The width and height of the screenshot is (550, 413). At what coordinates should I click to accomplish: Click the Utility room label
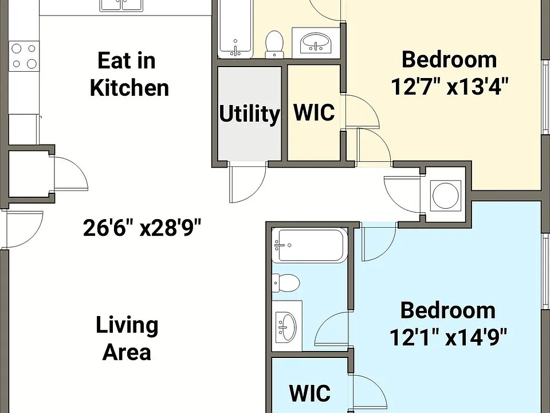click(x=249, y=114)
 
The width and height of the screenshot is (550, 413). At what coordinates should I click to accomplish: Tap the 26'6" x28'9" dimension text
click(x=142, y=228)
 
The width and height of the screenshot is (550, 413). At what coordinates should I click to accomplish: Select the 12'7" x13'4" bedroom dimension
click(x=449, y=87)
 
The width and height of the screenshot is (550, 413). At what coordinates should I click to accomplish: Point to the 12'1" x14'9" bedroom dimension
click(x=448, y=337)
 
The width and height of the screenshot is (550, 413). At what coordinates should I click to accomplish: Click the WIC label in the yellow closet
click(x=313, y=112)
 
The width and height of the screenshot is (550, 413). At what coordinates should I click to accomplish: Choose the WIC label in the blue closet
click(x=310, y=393)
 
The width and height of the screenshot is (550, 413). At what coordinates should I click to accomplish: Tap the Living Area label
click(x=127, y=338)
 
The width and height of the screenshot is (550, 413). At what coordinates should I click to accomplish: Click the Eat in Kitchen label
click(x=129, y=74)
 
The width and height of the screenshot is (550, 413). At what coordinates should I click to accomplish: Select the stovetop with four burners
click(x=24, y=56)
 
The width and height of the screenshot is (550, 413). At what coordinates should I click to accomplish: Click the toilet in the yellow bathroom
click(x=274, y=44)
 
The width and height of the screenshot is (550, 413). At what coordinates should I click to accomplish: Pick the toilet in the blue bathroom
click(x=286, y=283)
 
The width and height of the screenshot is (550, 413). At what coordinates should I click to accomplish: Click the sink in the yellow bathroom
click(x=316, y=43)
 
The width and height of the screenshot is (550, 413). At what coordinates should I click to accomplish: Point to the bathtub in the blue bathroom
click(x=310, y=246)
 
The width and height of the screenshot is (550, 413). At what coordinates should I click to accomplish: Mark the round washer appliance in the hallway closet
click(x=446, y=196)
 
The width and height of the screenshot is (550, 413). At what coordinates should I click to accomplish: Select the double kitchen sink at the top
click(x=121, y=6)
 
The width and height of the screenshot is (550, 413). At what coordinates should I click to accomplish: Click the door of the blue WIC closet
click(x=368, y=393)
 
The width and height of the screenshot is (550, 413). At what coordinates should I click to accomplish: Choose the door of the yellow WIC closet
click(x=361, y=111)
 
